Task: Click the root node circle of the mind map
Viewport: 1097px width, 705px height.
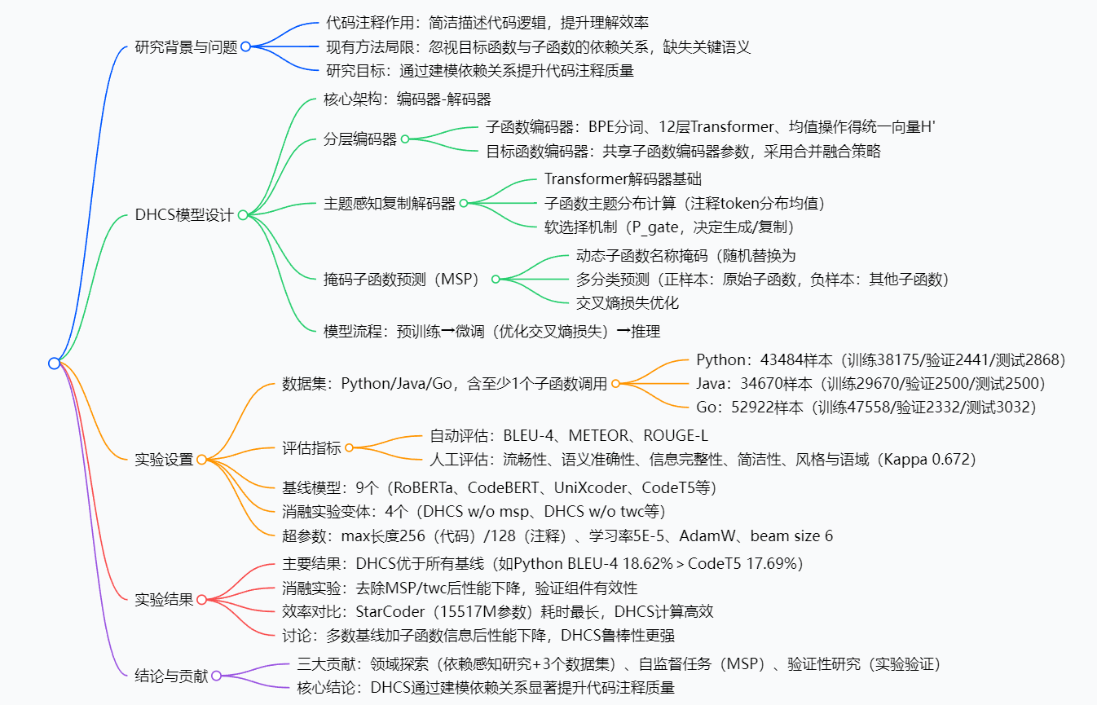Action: tap(54, 363)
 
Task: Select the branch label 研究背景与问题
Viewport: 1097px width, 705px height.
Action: tap(186, 47)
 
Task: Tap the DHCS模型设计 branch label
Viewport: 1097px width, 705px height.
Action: tap(184, 215)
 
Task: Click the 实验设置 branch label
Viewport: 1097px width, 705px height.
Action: tap(164, 460)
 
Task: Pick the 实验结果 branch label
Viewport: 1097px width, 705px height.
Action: tap(164, 600)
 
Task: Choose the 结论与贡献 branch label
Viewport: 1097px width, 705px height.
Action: tap(171, 676)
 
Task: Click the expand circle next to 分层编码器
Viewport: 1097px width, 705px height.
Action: tap(405, 139)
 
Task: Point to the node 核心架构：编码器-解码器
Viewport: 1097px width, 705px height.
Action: tap(408, 99)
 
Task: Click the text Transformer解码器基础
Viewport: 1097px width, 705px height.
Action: tap(623, 178)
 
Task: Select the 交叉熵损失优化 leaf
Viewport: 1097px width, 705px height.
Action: tap(628, 303)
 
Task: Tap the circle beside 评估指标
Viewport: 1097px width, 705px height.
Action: tap(349, 447)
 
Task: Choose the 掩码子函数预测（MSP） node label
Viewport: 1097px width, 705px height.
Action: tap(403, 279)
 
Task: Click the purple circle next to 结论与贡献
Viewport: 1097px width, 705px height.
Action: tap(217, 676)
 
